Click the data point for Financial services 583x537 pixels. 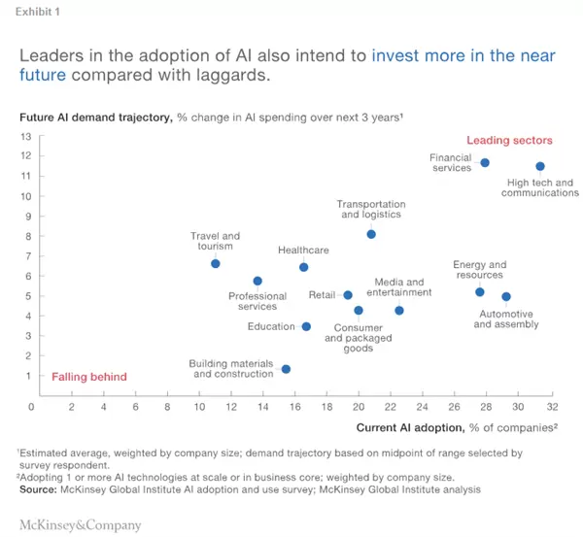click(485, 163)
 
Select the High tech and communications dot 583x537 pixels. click(540, 167)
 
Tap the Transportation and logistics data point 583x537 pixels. click(371, 235)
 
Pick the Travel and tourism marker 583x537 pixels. click(216, 264)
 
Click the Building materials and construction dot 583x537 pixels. click(286, 369)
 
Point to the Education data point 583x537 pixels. click(306, 327)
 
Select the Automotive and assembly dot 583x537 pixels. click(505, 297)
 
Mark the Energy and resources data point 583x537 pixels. click(479, 292)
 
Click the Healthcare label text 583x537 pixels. click(303, 251)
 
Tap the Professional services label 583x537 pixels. click(257, 302)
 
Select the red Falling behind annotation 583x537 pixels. click(89, 377)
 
